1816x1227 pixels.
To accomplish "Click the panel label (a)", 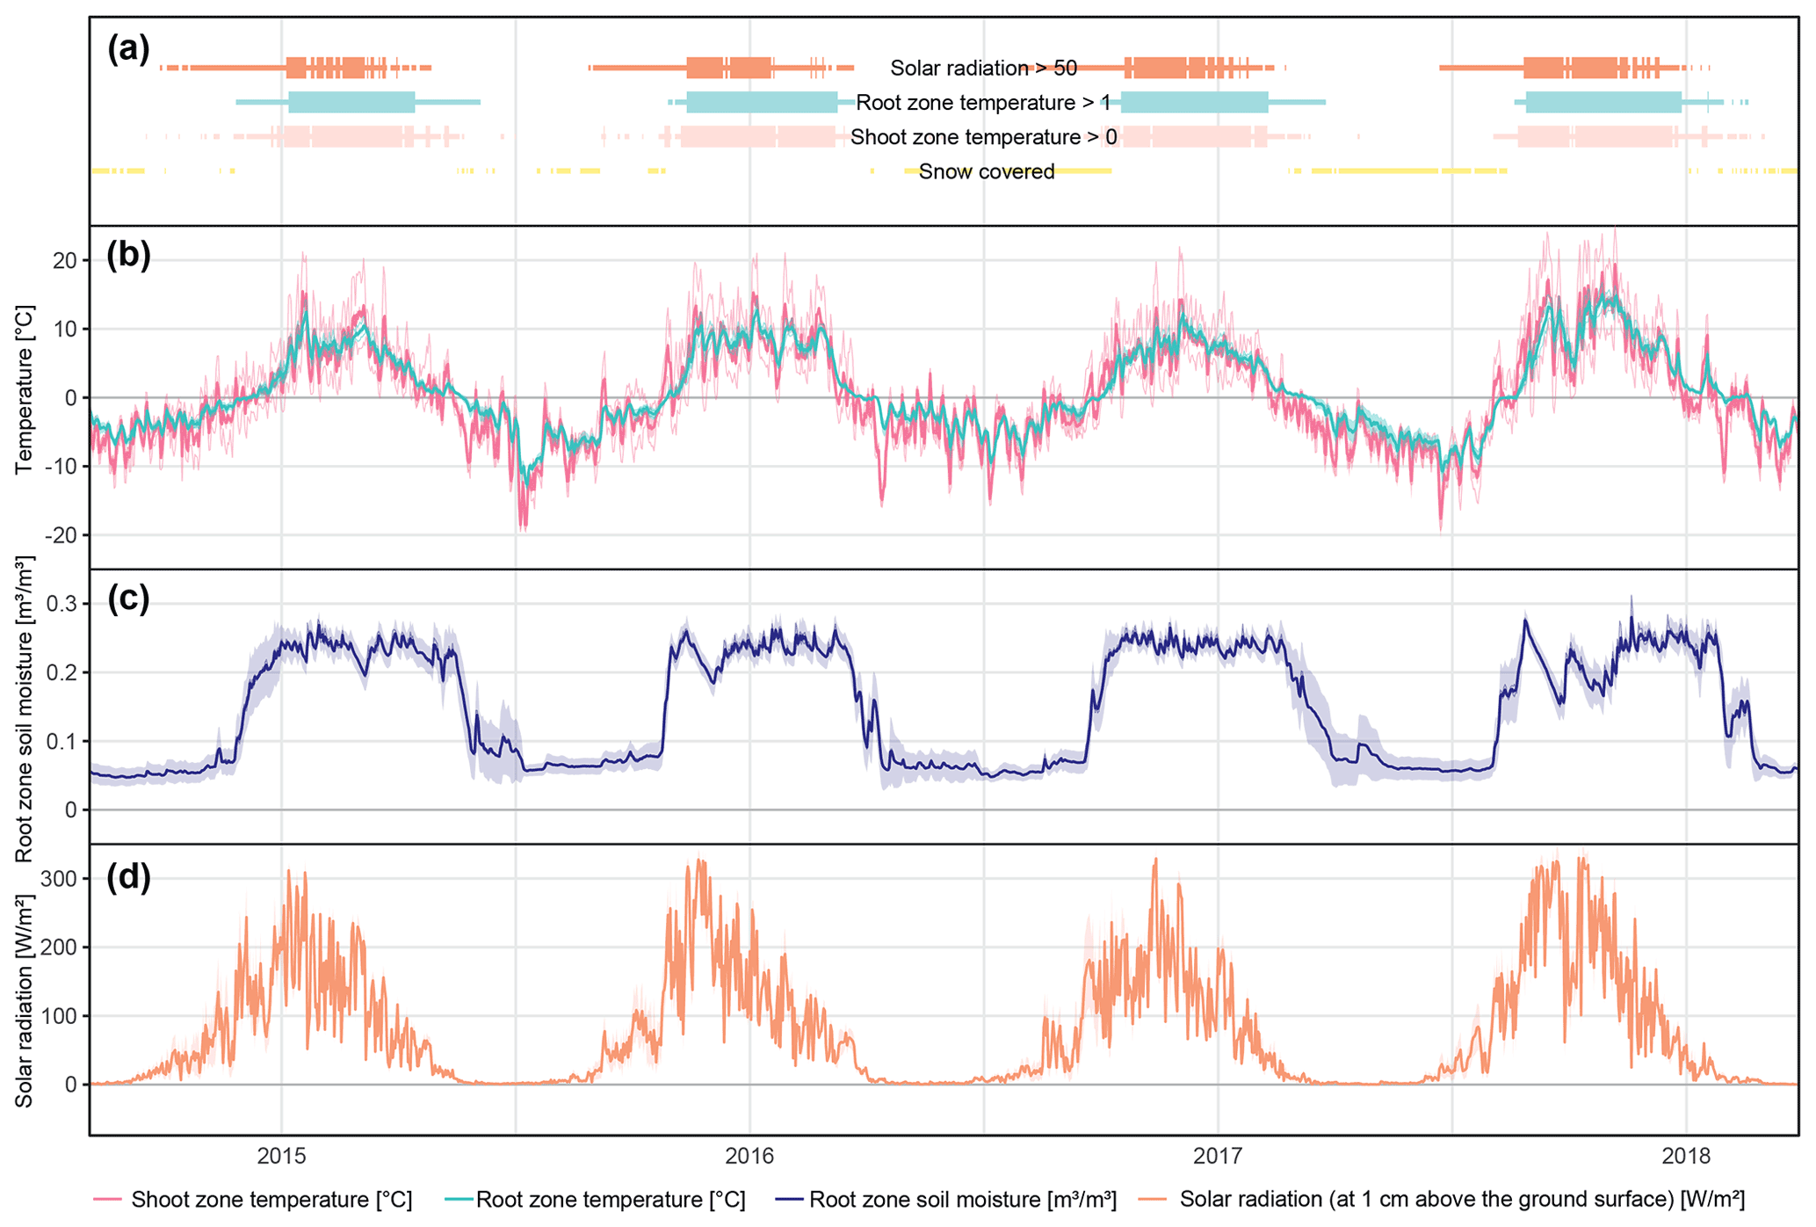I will [x=128, y=49].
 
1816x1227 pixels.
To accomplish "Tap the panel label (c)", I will [x=128, y=598].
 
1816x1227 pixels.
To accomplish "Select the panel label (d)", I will [x=128, y=877].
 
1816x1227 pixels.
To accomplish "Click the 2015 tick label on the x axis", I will [x=281, y=1156].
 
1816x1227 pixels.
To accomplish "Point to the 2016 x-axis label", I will [x=749, y=1156].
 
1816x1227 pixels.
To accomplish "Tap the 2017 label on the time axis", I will [x=1218, y=1156].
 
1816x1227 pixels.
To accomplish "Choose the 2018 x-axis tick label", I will [x=1686, y=1156].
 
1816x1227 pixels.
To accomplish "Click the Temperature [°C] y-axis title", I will [x=24, y=389].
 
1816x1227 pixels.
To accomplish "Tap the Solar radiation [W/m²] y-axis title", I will [x=24, y=1001].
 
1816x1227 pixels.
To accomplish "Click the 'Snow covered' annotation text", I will [x=987, y=171].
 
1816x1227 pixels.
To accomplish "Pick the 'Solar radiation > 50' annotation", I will [x=983, y=68].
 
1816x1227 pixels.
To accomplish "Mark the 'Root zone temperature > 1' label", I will [x=983, y=103].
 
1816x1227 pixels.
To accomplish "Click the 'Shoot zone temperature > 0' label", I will [x=983, y=137].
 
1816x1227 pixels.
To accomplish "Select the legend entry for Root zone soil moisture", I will [x=962, y=1200].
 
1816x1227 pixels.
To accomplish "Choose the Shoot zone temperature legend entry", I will [x=271, y=1200].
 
